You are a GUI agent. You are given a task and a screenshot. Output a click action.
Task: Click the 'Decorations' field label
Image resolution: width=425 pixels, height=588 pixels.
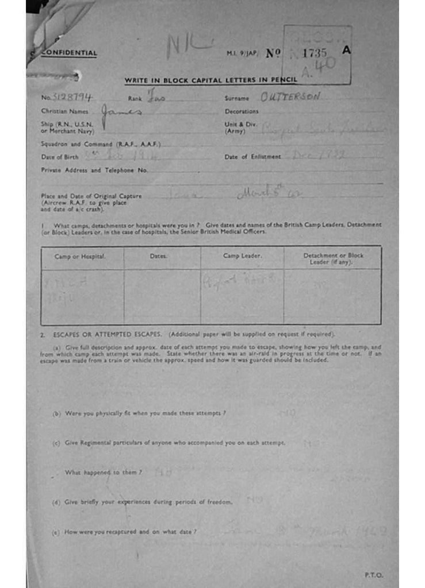pos(242,111)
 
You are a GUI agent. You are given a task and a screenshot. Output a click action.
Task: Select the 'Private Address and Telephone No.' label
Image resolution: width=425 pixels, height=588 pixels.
pos(94,170)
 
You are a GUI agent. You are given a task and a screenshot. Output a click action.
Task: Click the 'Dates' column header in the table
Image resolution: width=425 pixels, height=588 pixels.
pos(158,256)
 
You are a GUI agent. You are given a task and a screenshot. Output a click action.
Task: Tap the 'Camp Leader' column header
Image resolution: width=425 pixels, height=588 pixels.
pos(242,256)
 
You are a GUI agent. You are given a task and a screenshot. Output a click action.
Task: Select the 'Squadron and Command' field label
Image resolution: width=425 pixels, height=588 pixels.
pos(101,144)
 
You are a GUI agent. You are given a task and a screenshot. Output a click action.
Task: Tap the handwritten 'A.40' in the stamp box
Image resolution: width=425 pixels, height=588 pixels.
pos(319,68)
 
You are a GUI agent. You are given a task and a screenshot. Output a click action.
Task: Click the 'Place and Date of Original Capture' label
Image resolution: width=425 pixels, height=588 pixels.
pos(91,196)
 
